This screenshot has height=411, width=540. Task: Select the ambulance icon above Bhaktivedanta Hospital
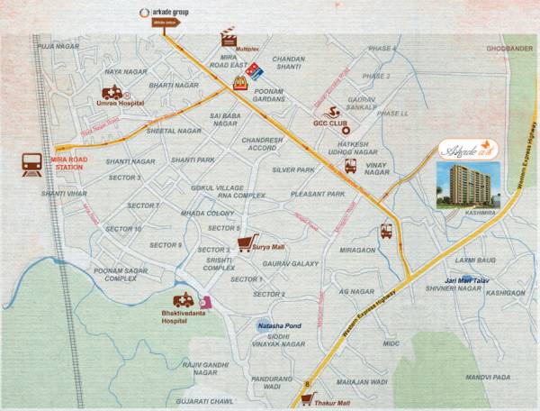[184, 304]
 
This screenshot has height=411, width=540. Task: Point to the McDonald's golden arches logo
[239, 84]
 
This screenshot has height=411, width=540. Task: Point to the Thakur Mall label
[333, 403]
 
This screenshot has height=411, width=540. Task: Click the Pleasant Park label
[318, 194]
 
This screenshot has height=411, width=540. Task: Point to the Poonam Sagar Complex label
[121, 274]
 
